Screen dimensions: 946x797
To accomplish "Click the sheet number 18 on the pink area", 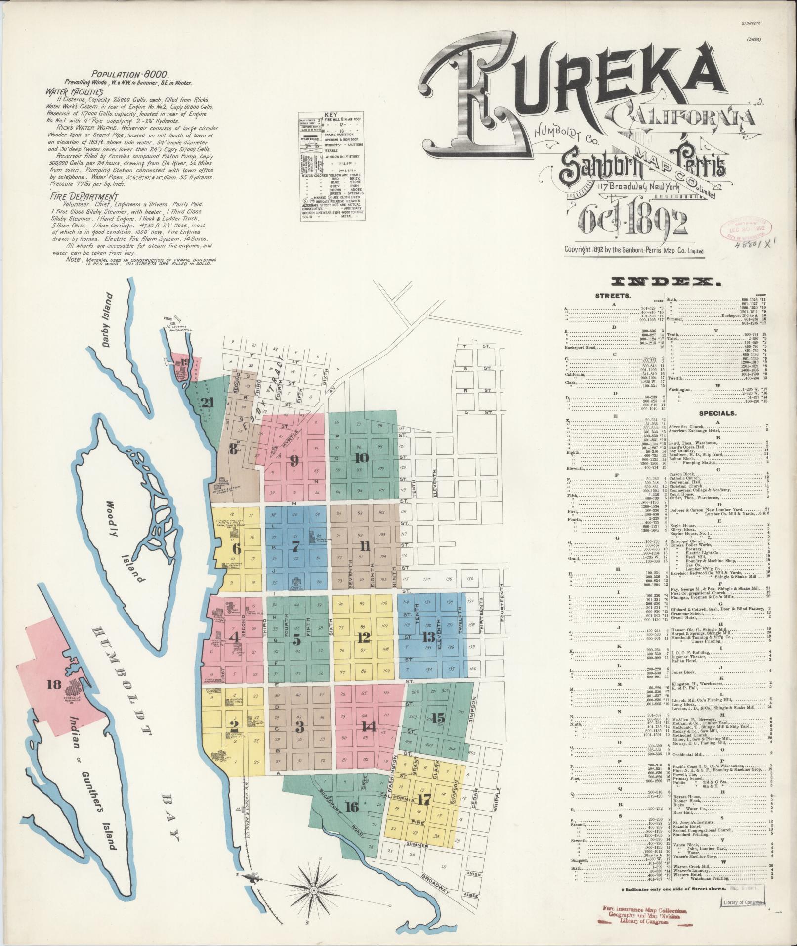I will point(54,684).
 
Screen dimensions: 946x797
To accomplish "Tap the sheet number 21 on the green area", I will point(207,403).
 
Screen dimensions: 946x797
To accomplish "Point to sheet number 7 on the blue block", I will point(295,546).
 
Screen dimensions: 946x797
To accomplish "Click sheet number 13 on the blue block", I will point(429,636).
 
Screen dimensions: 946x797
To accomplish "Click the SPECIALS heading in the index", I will point(717,413).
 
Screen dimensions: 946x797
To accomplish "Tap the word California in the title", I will point(682,116).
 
